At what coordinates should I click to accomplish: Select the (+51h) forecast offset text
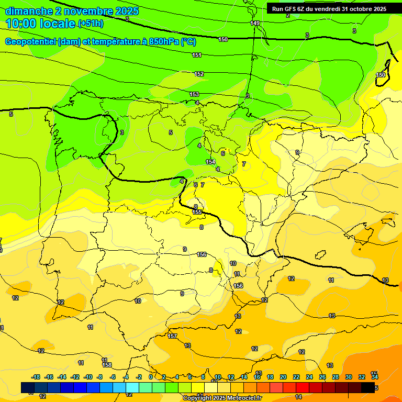tap(91, 24)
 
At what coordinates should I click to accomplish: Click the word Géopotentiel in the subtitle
tap(30, 42)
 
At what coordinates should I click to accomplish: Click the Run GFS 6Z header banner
tap(329, 8)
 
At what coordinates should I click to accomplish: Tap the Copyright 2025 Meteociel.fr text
tap(222, 398)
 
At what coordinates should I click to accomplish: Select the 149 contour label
tap(255, 23)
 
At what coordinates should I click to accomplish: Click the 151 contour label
tap(197, 55)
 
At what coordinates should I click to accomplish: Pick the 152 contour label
tap(199, 74)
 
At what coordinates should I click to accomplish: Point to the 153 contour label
tap(194, 94)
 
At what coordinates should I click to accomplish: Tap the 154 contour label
tap(210, 162)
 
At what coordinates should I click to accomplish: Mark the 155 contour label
tap(197, 212)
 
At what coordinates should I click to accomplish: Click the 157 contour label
tap(172, 336)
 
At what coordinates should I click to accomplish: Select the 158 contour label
tap(107, 365)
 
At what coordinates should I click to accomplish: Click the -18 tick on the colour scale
tap(36, 377)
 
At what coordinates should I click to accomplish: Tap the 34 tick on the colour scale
tap(375, 377)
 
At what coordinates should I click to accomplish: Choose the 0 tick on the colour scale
tap(151, 377)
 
